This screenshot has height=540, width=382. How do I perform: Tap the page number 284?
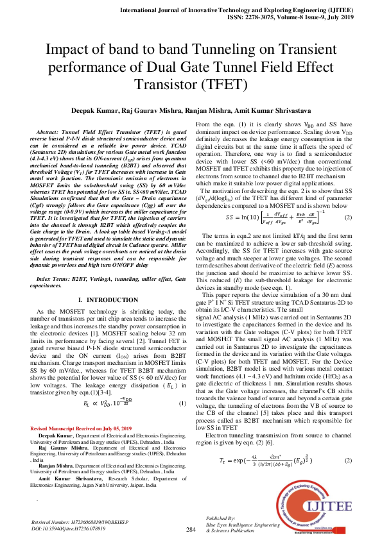click(191, 529)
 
